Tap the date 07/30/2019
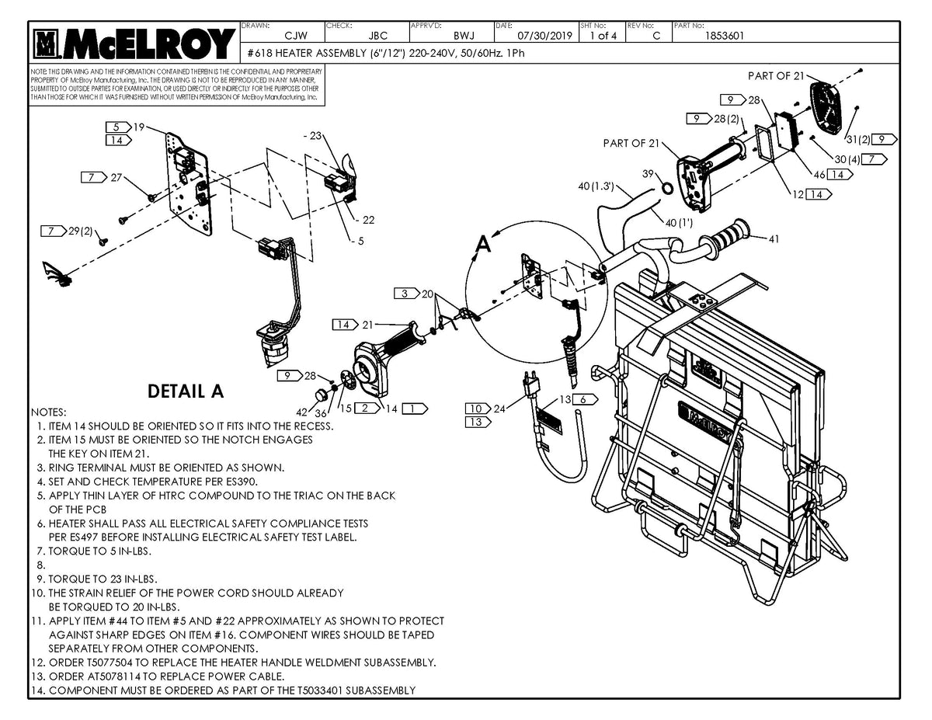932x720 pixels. (x=544, y=36)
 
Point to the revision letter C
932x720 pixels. (x=657, y=36)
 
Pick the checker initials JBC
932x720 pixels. (x=378, y=36)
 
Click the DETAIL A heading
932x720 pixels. (x=186, y=392)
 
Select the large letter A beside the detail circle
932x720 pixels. (x=483, y=245)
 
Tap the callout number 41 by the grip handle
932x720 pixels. (x=774, y=238)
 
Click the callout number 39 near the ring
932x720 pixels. (x=648, y=174)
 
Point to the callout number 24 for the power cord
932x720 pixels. (x=499, y=409)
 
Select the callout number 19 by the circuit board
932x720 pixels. (x=139, y=127)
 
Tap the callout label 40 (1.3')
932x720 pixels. (x=596, y=186)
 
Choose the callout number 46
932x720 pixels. (x=819, y=176)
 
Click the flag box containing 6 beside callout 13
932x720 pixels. (x=586, y=399)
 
